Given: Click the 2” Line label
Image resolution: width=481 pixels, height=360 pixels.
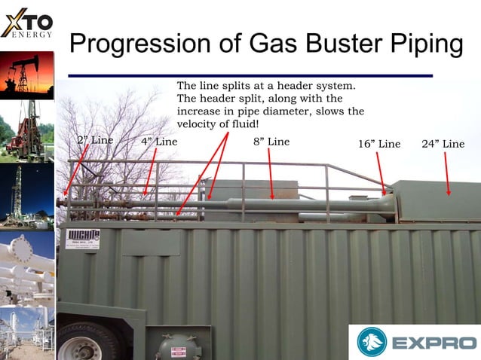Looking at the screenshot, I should coord(95,141).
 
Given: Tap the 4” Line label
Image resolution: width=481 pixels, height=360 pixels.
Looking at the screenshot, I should coord(159,142).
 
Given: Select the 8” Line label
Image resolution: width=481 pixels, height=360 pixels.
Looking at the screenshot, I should coord(271,142).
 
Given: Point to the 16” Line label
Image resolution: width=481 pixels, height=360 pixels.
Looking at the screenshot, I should coord(379,144).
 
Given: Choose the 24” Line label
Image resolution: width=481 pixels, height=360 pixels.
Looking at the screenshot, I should coord(443,144).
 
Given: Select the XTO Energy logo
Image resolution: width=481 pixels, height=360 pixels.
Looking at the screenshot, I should coord(26,23).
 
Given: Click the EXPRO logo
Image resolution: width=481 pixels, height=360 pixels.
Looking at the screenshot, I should coord(414,342).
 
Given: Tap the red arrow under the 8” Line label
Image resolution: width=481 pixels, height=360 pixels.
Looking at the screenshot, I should coord(271,174).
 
